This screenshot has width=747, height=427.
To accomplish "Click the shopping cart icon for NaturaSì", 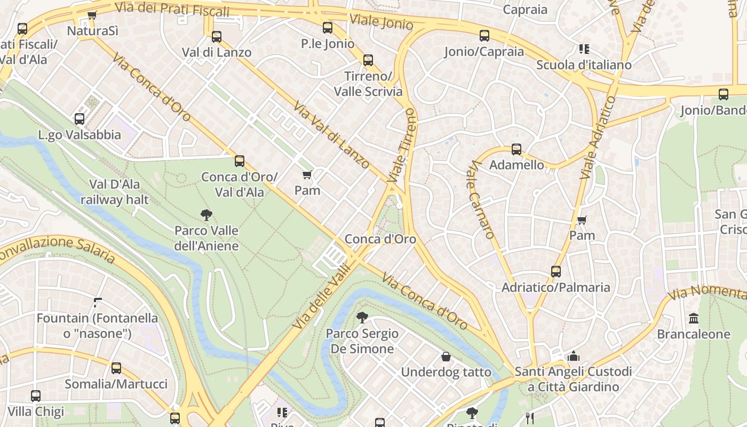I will pos(92,15).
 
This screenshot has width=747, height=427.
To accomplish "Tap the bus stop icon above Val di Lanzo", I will pos(216,37).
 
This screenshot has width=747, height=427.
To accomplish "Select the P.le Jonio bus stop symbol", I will pos(327,28).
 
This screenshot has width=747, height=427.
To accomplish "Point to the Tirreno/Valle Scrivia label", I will pos(368,84).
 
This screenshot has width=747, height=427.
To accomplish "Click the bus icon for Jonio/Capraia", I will pos(484,36).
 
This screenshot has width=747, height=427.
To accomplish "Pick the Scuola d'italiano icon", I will pos(584,49).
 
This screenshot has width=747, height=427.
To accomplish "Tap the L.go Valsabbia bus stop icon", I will pos(80,119).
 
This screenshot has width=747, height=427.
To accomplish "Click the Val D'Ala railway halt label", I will pos(115,192).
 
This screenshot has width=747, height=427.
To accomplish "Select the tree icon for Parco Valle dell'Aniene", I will pos(206,215).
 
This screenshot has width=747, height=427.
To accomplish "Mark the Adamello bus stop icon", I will pos(516,149).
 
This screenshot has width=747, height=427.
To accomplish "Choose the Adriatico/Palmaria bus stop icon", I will pos(555,272).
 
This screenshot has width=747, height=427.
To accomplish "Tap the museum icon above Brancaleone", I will pos(693,319).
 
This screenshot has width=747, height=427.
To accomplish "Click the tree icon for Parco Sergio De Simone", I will pos(362,318).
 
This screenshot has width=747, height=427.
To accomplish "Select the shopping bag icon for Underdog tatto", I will pos(446,357).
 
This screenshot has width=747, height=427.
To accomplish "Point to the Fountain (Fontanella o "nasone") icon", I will pos(97,303).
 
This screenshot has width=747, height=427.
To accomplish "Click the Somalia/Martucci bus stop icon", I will pos(116,368).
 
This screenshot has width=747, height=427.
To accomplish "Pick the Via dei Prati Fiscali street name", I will pos(172,10).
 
